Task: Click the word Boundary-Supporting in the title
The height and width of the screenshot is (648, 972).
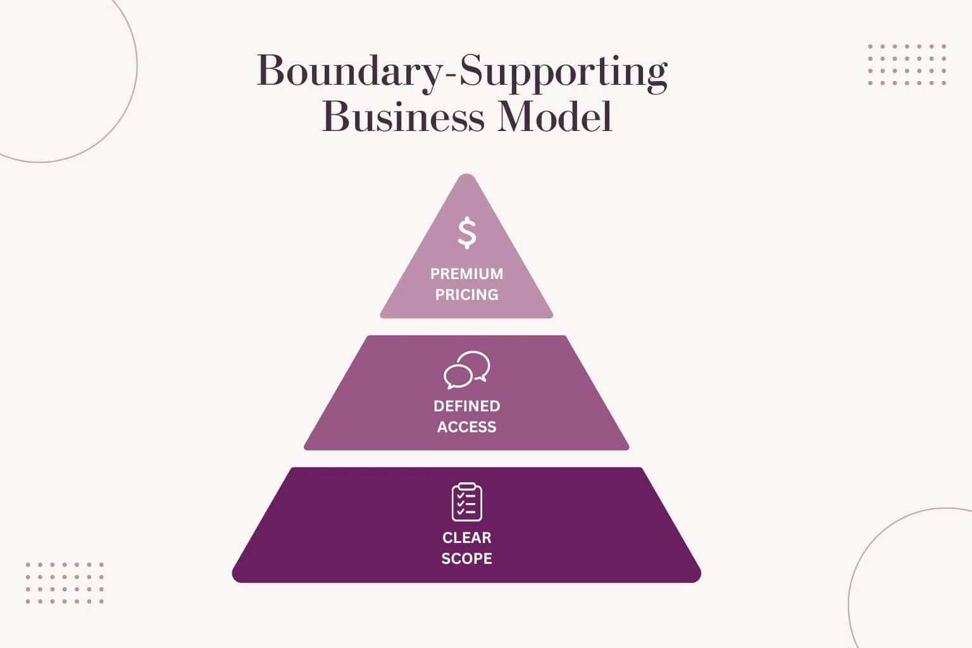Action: pyautogui.click(x=462, y=71)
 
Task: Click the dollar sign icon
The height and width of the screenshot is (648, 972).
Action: pyautogui.click(x=467, y=233)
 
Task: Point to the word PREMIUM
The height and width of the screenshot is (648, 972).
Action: pyautogui.click(x=467, y=274)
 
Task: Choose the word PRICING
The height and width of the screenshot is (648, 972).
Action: pyautogui.click(x=467, y=295)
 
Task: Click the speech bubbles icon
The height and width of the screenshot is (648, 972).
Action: pyautogui.click(x=467, y=370)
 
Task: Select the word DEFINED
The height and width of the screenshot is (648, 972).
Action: pyautogui.click(x=467, y=406)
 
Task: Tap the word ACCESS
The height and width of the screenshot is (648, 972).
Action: pyautogui.click(x=467, y=427)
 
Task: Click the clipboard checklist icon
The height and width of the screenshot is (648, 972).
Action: pyautogui.click(x=467, y=502)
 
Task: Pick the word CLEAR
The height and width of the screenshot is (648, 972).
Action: pyautogui.click(x=467, y=538)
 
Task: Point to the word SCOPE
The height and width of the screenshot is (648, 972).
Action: pyautogui.click(x=467, y=559)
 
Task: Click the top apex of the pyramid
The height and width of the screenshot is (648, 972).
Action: pyautogui.click(x=466, y=178)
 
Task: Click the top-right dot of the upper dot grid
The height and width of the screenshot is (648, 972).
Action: pyautogui.click(x=944, y=46)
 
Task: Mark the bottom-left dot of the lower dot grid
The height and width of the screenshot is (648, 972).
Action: pyautogui.click(x=28, y=601)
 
